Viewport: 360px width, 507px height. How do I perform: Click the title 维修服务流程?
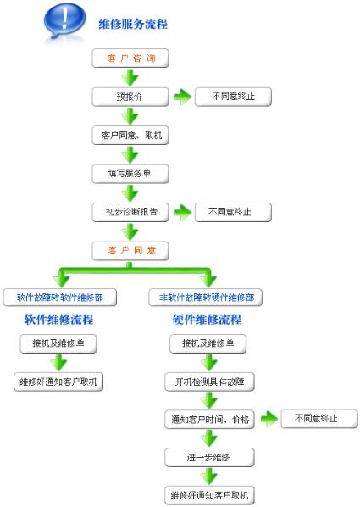coord(133,24)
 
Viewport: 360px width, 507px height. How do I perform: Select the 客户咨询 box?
coord(130,58)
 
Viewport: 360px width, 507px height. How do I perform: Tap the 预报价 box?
coord(130,97)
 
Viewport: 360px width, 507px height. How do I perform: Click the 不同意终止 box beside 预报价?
coord(233,97)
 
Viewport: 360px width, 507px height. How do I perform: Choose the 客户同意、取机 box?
coord(130,135)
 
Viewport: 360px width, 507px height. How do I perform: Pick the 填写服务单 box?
coord(130,174)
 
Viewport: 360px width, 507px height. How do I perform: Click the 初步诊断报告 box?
coord(130,212)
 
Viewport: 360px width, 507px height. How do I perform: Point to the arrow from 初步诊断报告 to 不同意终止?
coord(183,213)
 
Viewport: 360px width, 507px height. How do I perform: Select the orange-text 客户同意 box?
coord(130,251)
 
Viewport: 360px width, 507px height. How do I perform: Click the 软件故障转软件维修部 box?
coord(60,298)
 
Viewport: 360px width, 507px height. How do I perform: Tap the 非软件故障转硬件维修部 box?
coord(206,298)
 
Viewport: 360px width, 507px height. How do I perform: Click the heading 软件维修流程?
coord(58,320)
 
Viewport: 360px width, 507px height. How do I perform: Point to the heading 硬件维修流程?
coord(207,320)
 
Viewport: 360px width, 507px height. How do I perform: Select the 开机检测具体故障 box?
coord(209,382)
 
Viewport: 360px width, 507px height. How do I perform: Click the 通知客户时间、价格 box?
coord(209,420)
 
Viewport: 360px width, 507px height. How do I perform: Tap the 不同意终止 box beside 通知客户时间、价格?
coord(319,419)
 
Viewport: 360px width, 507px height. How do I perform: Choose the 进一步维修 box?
coord(209,457)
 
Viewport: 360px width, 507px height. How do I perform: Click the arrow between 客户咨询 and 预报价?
coord(130,78)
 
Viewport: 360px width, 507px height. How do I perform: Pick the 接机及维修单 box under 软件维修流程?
coord(58,343)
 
